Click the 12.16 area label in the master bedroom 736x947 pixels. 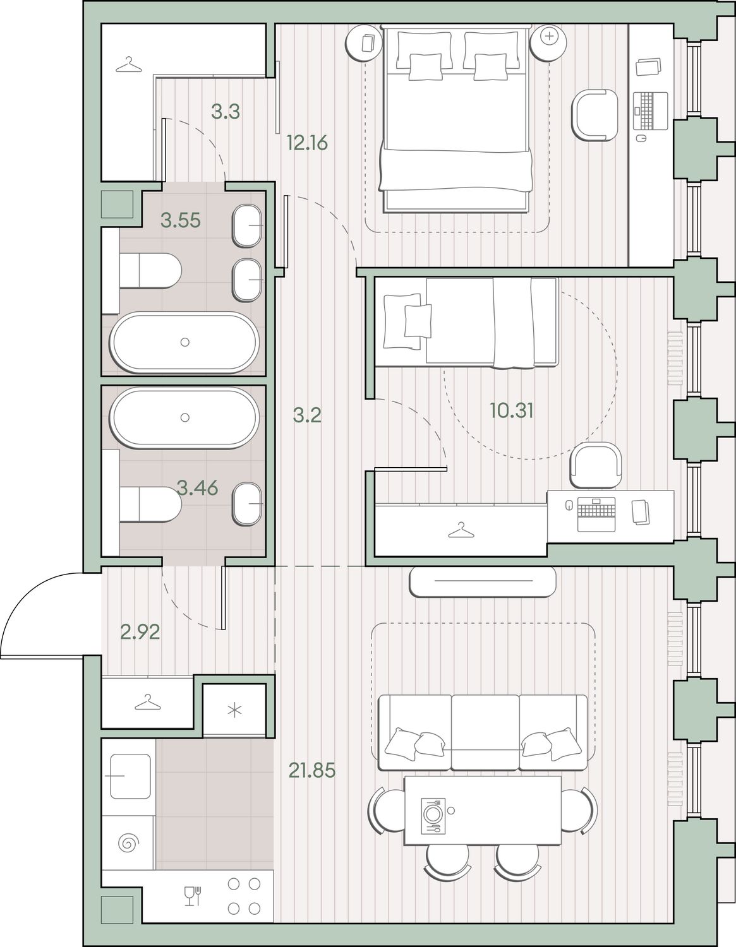point(307,143)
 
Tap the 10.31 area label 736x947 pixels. point(512,410)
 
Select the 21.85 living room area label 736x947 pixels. point(311,770)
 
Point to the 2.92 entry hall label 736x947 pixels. point(140,632)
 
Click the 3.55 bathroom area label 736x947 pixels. point(181,220)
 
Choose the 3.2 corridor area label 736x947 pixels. point(307,416)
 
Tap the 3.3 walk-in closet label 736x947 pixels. point(226,112)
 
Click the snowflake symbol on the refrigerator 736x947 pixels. point(234,711)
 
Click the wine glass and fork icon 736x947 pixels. point(192,896)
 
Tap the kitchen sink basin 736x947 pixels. point(130,776)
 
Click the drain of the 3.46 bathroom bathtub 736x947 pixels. point(185,417)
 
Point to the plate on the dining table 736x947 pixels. point(433,813)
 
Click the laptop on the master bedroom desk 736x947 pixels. point(650,110)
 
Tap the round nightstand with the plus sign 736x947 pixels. point(548,43)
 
